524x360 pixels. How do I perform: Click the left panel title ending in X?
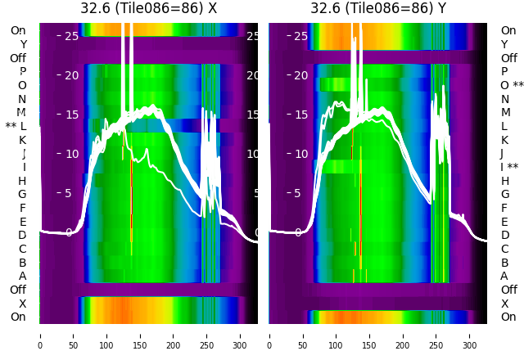point(148,8)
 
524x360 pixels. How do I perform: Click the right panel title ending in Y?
point(378,8)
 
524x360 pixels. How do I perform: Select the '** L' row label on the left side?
point(16,126)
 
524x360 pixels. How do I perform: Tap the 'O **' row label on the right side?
point(512,85)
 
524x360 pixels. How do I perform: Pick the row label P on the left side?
point(22,72)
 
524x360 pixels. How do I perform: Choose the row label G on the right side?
point(504,195)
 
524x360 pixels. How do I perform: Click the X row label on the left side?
point(22,304)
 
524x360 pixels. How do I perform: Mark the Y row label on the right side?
point(504,44)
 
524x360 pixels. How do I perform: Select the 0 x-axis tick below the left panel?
point(39,335)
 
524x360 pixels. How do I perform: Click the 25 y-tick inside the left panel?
point(71,36)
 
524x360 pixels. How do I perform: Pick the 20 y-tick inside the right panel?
point(300,75)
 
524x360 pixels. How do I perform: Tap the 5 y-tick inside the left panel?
point(69,193)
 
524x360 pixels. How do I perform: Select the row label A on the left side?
point(22,277)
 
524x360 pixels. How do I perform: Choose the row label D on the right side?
point(504,236)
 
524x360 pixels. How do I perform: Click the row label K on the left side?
point(22,140)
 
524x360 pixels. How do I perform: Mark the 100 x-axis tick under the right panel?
point(336,335)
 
